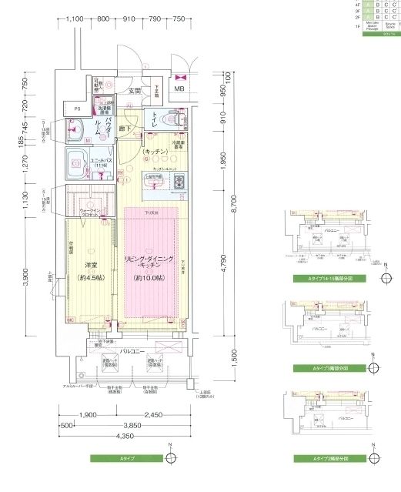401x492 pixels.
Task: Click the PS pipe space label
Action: pyautogui.click(x=75, y=109)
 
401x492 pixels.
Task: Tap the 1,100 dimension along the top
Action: pyautogui.click(x=75, y=18)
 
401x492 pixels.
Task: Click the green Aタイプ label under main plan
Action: pyautogui.click(x=126, y=458)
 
